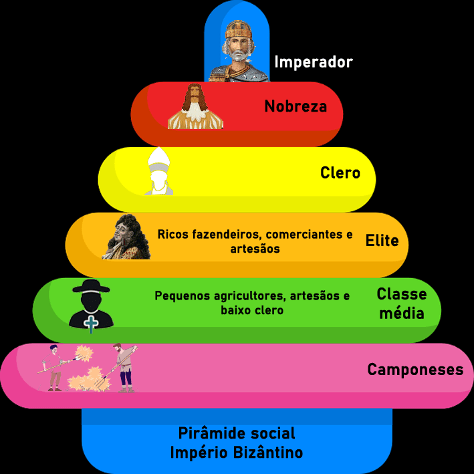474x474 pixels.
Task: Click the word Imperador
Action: click(x=313, y=62)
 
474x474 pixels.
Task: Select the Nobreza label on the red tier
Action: click(x=295, y=106)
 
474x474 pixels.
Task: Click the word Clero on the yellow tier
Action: click(x=340, y=173)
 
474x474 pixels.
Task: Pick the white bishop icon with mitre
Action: click(x=159, y=172)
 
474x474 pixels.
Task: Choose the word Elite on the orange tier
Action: click(x=382, y=241)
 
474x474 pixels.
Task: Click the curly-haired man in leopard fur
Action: click(x=127, y=237)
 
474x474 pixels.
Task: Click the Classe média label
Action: click(x=400, y=303)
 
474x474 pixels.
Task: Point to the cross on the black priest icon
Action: click(x=91, y=323)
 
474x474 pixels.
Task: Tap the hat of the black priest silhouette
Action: click(x=90, y=287)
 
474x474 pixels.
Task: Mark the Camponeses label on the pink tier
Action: click(x=414, y=369)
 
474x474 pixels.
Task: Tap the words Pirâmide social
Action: click(x=236, y=433)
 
